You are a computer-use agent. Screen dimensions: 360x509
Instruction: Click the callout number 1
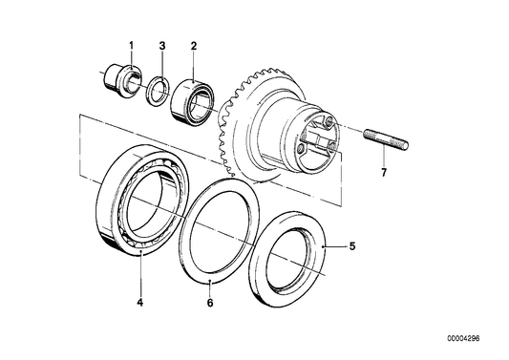(x=132, y=45)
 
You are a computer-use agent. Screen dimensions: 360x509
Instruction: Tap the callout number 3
(x=162, y=45)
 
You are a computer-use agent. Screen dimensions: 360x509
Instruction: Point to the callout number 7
(x=384, y=173)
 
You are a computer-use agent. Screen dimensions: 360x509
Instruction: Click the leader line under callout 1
(x=131, y=59)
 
